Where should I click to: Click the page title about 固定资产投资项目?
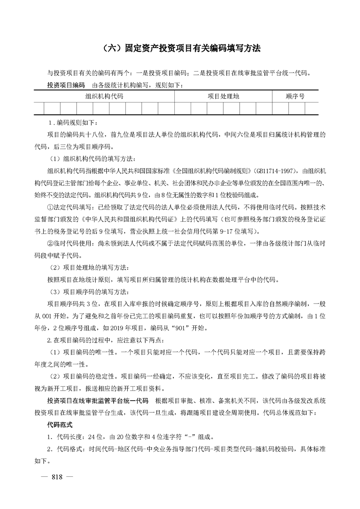(x=179, y=49)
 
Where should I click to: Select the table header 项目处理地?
(x=223, y=96)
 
